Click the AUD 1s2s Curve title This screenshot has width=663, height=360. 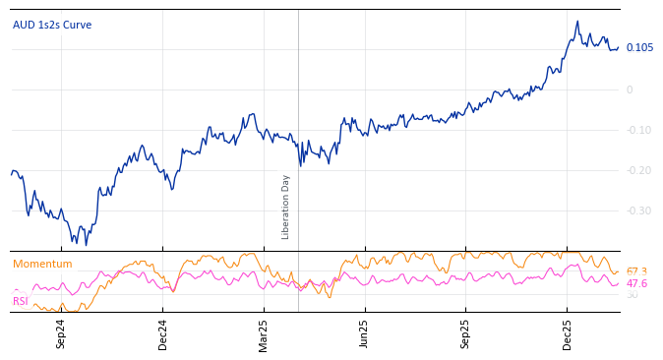(x=52, y=25)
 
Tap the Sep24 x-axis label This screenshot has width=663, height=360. (x=61, y=333)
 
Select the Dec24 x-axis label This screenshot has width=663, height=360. (x=163, y=333)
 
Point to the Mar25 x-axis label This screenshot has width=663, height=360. (x=264, y=333)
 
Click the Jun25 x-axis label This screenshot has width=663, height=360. (x=364, y=333)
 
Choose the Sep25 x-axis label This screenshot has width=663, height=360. (x=465, y=333)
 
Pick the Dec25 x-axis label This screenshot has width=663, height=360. (x=567, y=333)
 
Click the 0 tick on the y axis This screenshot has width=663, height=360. (x=630, y=90)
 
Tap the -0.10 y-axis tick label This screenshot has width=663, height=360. (x=637, y=130)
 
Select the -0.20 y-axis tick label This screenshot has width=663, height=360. (x=637, y=170)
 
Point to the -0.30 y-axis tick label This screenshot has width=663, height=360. (x=637, y=210)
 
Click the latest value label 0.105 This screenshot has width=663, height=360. (x=639, y=47)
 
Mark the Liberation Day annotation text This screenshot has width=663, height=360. (x=286, y=207)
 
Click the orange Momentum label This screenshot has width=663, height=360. (x=42, y=264)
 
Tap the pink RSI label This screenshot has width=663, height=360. (x=20, y=301)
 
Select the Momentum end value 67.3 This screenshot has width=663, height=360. (x=636, y=271)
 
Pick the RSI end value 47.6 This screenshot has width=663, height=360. (x=636, y=283)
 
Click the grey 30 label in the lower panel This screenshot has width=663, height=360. (x=632, y=295)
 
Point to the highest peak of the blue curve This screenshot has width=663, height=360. (x=577, y=22)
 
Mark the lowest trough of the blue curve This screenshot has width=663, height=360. (x=86, y=245)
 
